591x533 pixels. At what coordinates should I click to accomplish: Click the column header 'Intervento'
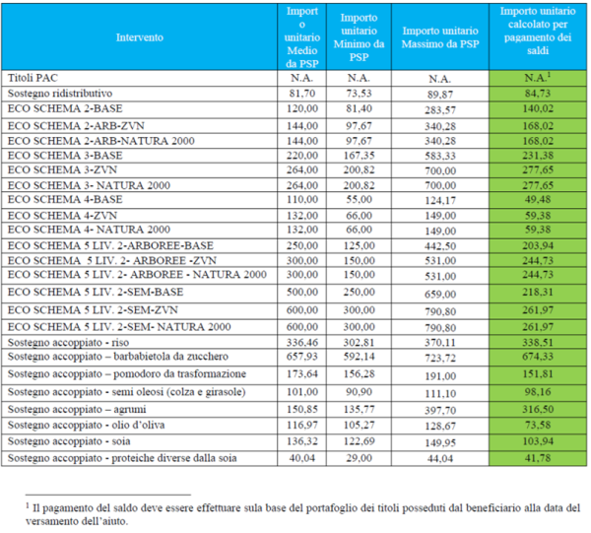(140, 37)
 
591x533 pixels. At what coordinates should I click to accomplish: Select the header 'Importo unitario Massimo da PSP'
(440, 37)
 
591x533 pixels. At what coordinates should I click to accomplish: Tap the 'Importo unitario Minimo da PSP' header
(359, 37)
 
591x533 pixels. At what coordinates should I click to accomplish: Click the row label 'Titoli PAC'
(33, 78)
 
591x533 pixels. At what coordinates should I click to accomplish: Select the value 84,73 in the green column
(538, 94)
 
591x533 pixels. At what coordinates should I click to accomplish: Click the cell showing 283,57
(440, 110)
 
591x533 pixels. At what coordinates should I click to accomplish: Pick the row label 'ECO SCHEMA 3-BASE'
(65, 156)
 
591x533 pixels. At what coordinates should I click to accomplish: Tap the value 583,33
(440, 156)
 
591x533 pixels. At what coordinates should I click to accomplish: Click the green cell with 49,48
(538, 199)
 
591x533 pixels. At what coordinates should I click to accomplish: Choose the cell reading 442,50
(440, 246)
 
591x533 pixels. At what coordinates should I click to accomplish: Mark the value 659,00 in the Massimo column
(440, 294)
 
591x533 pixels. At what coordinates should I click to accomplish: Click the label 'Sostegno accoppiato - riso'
(68, 342)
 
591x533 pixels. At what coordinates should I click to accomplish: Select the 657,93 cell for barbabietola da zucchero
(302, 357)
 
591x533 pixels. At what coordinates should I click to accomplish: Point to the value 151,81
(538, 374)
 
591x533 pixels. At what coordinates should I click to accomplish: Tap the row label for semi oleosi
(127, 392)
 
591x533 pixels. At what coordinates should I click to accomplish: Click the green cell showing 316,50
(538, 410)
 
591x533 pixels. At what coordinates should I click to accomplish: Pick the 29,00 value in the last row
(359, 458)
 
